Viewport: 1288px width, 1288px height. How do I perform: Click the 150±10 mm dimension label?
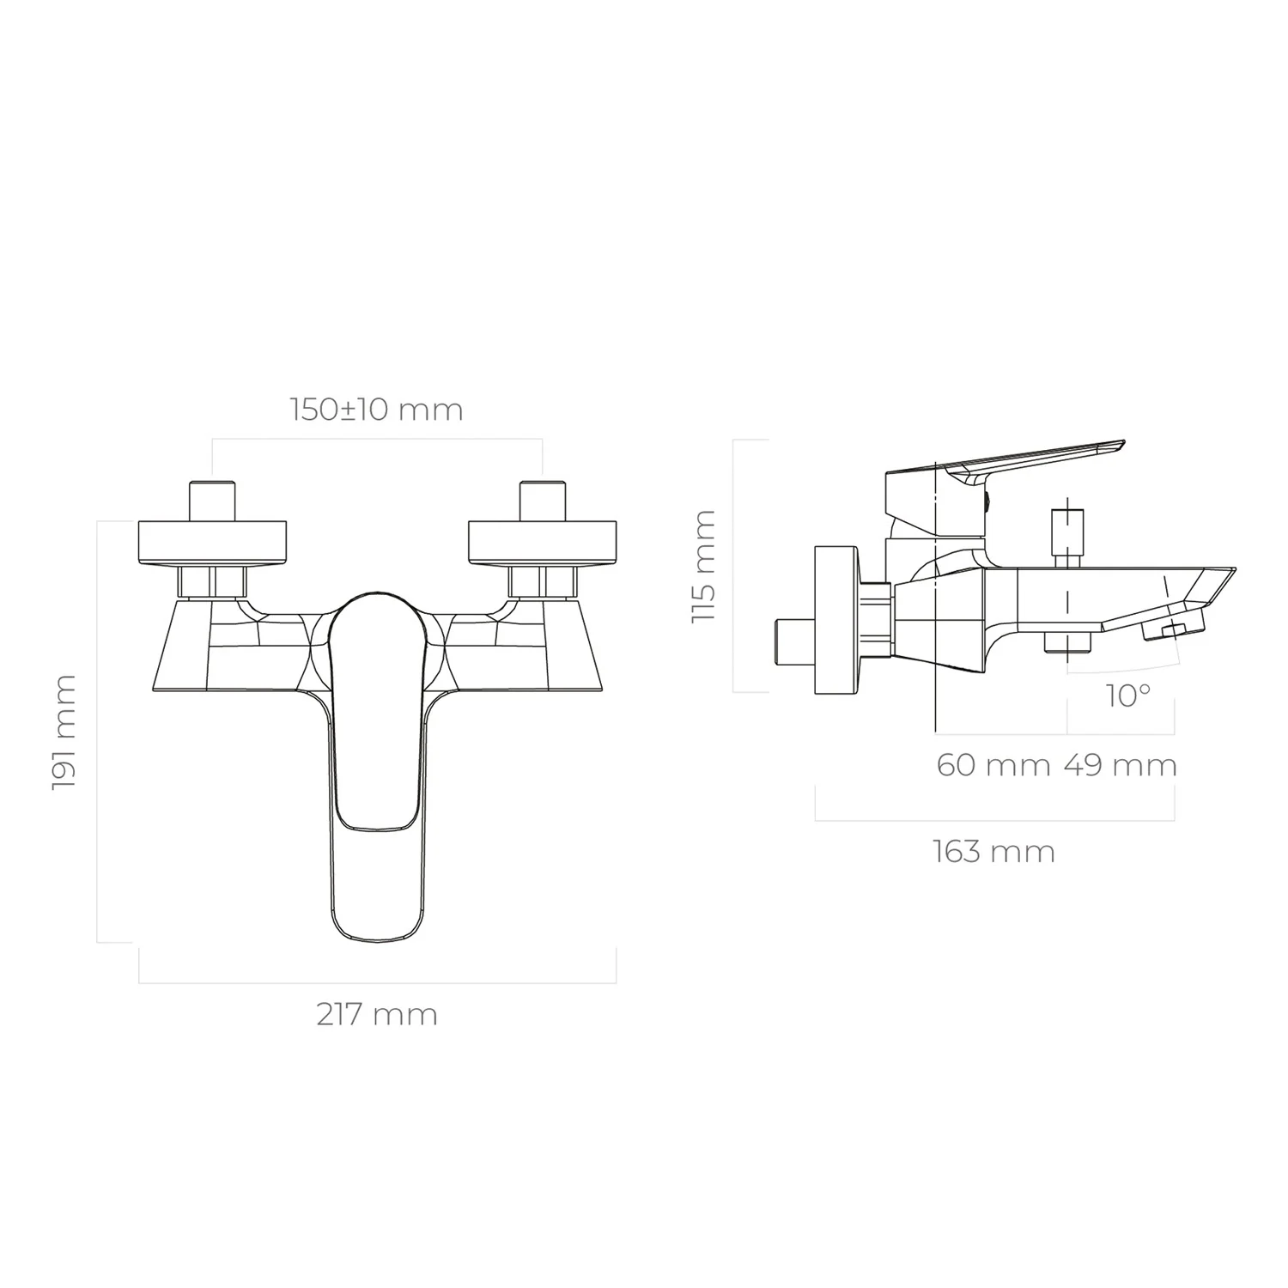(377, 410)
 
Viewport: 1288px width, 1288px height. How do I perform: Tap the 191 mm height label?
(64, 732)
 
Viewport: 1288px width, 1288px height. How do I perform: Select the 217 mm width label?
(377, 1015)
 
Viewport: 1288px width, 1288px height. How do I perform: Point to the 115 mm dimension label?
(704, 566)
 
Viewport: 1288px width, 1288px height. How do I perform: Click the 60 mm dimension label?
(993, 764)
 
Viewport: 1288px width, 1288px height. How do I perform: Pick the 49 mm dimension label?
(1121, 764)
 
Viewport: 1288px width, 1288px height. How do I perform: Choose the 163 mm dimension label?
(993, 852)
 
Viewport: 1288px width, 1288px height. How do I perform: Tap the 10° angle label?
(1128, 696)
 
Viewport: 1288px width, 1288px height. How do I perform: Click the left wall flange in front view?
(212, 543)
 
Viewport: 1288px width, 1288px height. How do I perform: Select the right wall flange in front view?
(542, 543)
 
